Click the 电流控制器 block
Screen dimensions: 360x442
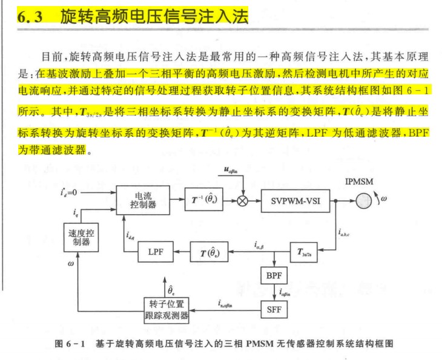[143, 200]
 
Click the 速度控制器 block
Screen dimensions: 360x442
[78, 237]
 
